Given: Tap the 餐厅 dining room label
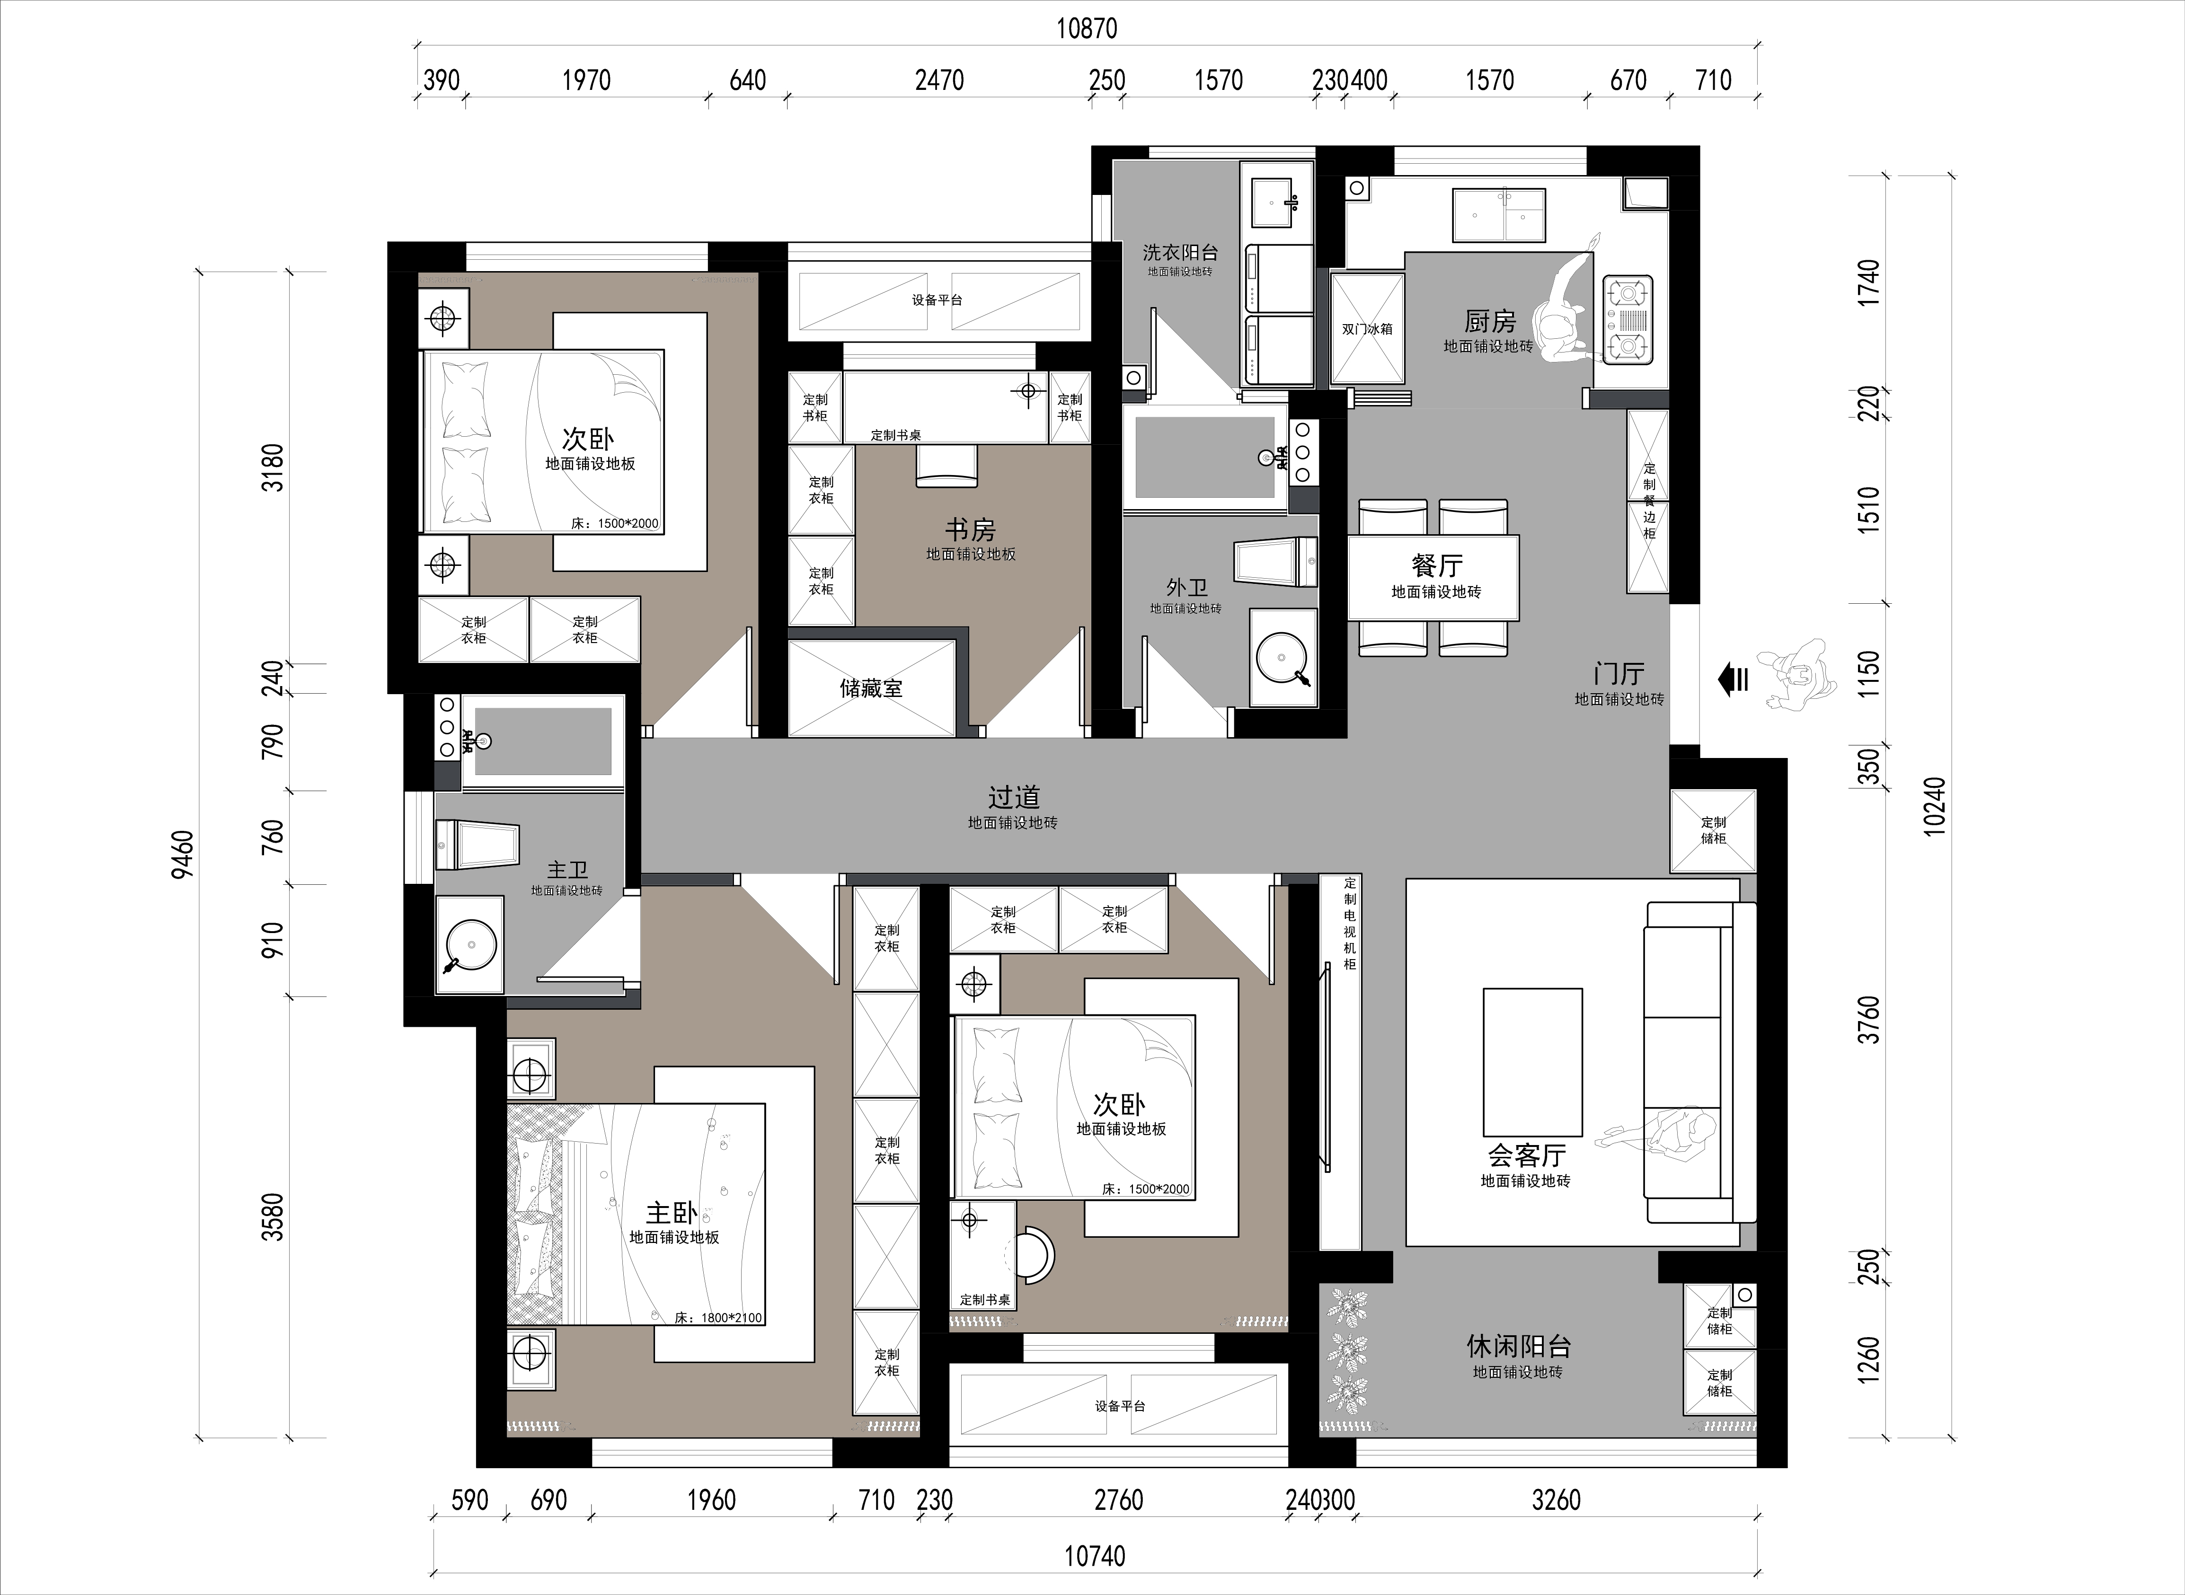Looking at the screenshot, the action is click(x=1437, y=566).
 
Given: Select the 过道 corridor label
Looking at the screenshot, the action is click(x=1014, y=798).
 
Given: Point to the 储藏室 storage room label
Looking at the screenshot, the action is click(x=871, y=688).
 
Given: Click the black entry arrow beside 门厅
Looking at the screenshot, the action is click(x=1733, y=681).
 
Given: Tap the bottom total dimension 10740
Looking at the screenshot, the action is click(x=1095, y=1556).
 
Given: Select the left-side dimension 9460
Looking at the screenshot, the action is click(x=183, y=855).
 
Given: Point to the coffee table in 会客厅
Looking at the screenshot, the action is click(x=1532, y=1062).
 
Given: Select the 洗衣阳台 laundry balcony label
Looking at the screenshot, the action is click(x=1180, y=252).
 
